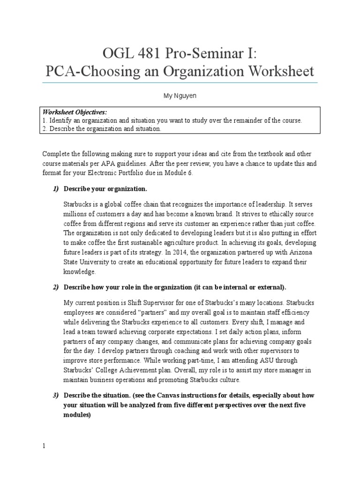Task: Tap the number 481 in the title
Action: (152, 53)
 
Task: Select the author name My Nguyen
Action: (180, 95)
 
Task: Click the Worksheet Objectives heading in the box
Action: (75, 112)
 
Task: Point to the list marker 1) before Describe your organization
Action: (55, 189)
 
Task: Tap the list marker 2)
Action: (55, 287)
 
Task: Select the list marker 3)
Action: (55, 395)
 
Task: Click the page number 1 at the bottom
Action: (44, 446)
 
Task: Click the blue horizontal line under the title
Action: (180, 83)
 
